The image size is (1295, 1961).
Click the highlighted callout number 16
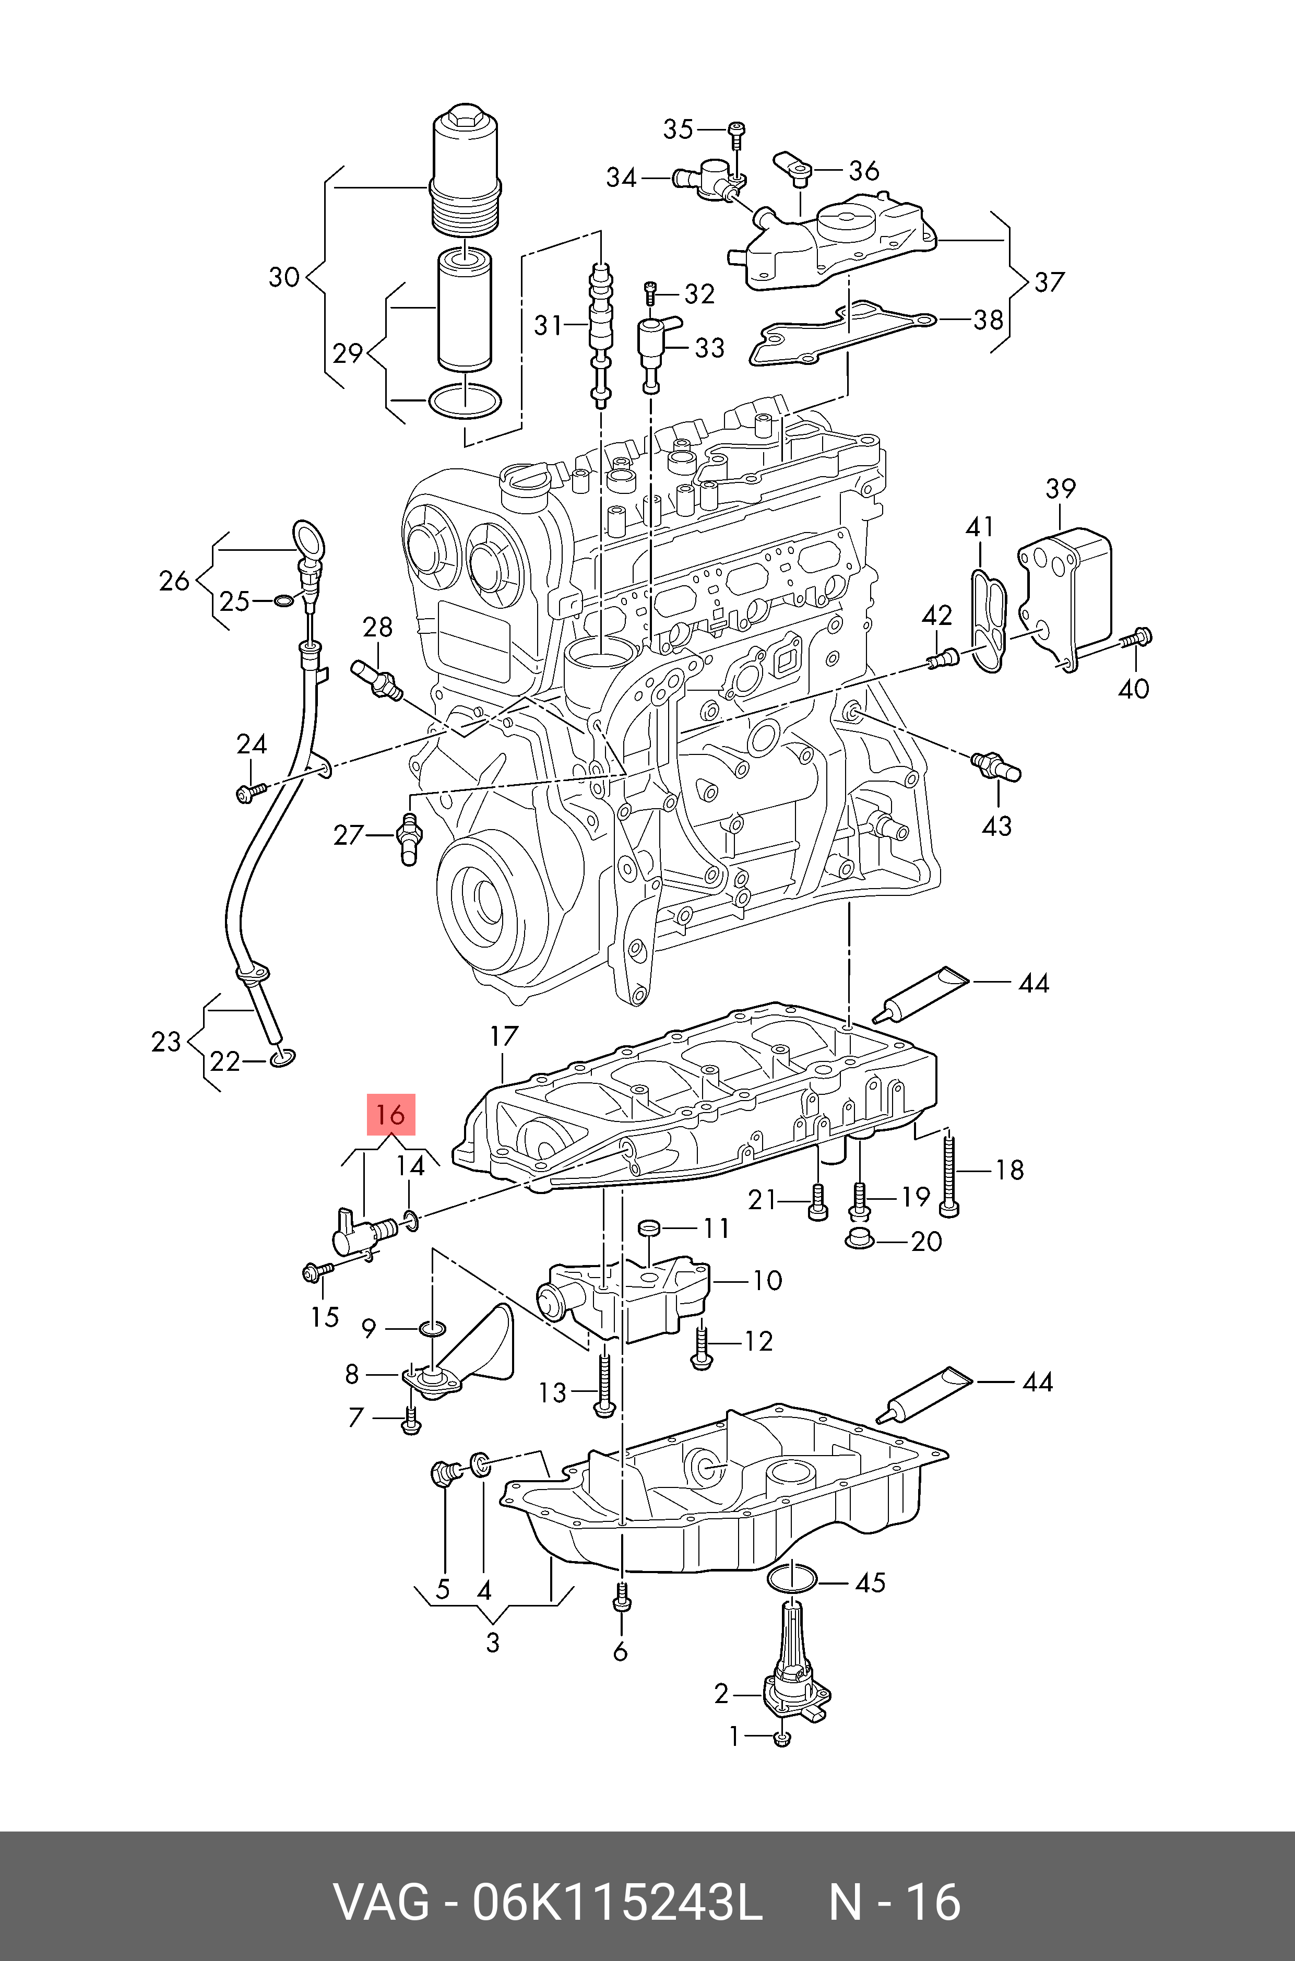(x=390, y=1115)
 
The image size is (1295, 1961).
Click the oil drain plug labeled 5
(x=444, y=1472)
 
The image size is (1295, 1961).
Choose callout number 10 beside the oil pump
(x=766, y=1280)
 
